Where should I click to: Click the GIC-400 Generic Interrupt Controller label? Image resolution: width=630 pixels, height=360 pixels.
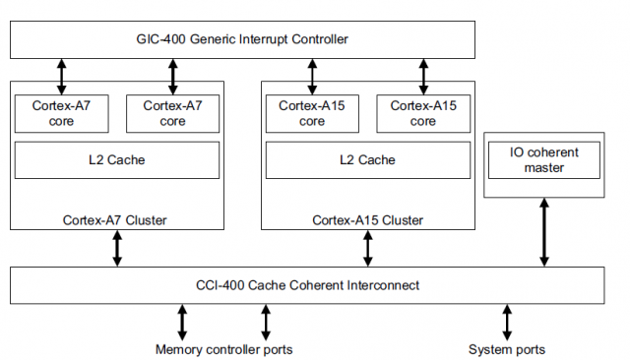[x=241, y=39]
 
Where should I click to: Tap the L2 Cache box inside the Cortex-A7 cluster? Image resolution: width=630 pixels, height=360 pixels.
[x=117, y=159]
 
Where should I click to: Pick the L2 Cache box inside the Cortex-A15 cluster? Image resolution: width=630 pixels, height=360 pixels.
[x=366, y=159]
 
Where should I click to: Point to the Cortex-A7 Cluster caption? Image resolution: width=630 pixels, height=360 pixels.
[x=117, y=219]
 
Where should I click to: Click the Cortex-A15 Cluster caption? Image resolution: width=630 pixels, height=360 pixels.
[x=366, y=219]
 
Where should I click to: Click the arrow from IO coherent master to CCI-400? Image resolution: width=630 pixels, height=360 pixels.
[x=542, y=232]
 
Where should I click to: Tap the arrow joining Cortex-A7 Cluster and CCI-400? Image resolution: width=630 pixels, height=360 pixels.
[x=117, y=248]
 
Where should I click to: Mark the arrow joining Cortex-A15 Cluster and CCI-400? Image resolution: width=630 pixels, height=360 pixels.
[x=368, y=248]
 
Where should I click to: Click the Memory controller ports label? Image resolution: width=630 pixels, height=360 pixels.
[x=223, y=349]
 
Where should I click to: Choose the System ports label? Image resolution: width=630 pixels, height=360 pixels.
[x=507, y=349]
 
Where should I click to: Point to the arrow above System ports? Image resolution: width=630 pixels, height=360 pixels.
[x=507, y=322]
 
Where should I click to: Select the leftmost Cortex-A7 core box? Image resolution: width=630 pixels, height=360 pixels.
[x=62, y=113]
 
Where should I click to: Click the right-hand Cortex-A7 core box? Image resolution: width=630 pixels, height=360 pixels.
[x=172, y=113]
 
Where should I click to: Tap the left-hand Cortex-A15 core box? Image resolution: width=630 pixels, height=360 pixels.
[x=312, y=113]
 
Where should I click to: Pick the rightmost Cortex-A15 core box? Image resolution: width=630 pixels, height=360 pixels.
[x=422, y=113]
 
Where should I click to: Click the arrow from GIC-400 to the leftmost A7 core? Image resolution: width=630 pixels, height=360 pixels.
[x=62, y=75]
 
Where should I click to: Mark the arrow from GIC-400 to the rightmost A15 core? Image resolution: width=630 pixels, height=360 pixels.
[x=423, y=75]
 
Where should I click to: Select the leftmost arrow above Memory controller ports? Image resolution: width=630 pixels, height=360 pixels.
[x=181, y=322]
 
